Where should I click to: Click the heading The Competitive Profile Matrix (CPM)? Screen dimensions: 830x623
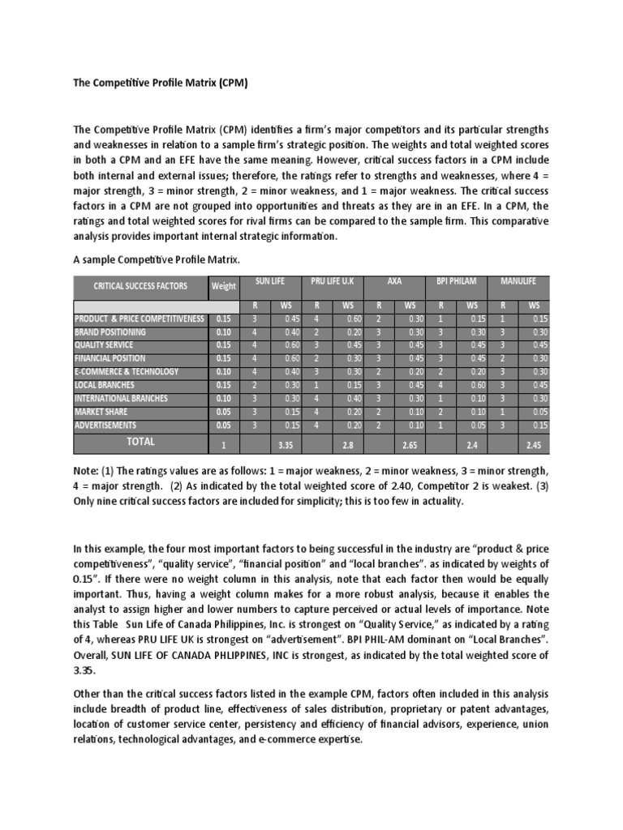click(x=160, y=83)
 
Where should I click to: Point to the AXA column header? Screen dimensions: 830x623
click(x=395, y=281)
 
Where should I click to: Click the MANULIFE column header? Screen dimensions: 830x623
click(x=519, y=281)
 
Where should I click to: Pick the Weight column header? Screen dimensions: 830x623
click(x=224, y=286)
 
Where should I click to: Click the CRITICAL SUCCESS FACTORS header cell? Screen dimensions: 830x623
click(x=140, y=286)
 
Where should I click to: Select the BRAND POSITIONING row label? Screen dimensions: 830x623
click(x=110, y=332)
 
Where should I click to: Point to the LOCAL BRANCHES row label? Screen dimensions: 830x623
click(x=105, y=385)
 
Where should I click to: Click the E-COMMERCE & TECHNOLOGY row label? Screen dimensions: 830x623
click(x=127, y=372)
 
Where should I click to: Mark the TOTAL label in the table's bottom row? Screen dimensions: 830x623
click(x=140, y=443)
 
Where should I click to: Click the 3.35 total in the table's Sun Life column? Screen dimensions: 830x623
click(x=285, y=445)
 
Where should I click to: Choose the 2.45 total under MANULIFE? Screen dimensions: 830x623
click(x=533, y=445)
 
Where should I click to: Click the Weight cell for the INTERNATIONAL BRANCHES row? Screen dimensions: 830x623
click(x=223, y=399)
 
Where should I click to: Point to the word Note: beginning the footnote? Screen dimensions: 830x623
click(x=87, y=472)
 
